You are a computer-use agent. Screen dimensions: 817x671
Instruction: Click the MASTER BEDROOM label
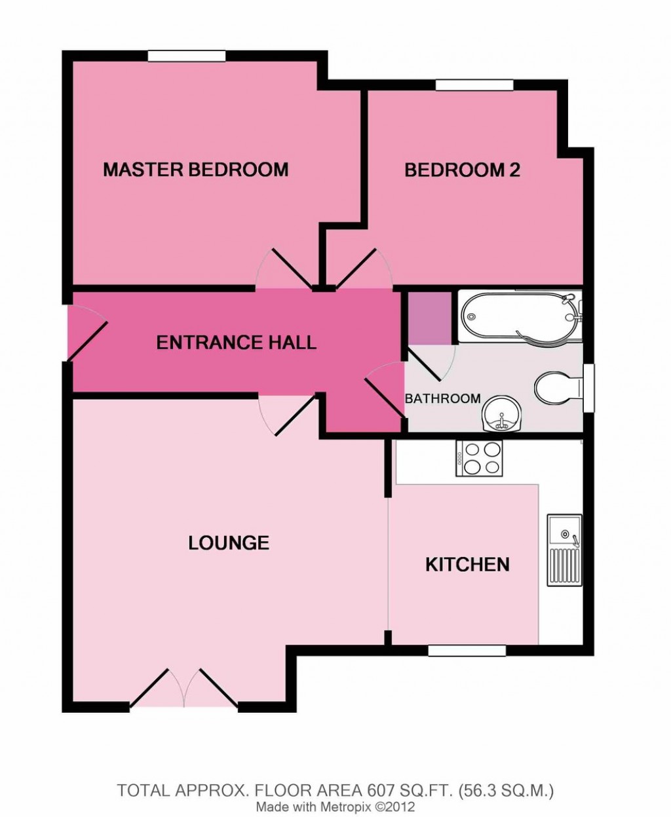[195, 170]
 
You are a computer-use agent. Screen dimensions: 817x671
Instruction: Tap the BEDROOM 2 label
[462, 170]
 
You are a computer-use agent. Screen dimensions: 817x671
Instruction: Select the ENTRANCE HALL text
[236, 342]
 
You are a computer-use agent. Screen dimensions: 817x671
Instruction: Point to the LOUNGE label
[229, 542]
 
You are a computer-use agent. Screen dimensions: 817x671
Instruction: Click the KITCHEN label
[467, 564]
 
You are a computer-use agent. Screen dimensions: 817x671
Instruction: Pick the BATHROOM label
[442, 398]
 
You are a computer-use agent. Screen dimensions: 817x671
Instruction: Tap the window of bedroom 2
[474, 85]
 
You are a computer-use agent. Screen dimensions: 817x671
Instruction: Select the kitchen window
[467, 650]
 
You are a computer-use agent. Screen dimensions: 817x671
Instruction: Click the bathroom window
[590, 388]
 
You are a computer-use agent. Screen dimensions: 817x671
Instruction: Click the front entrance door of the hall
[85, 333]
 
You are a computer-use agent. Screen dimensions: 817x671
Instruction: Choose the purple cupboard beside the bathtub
[430, 317]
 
